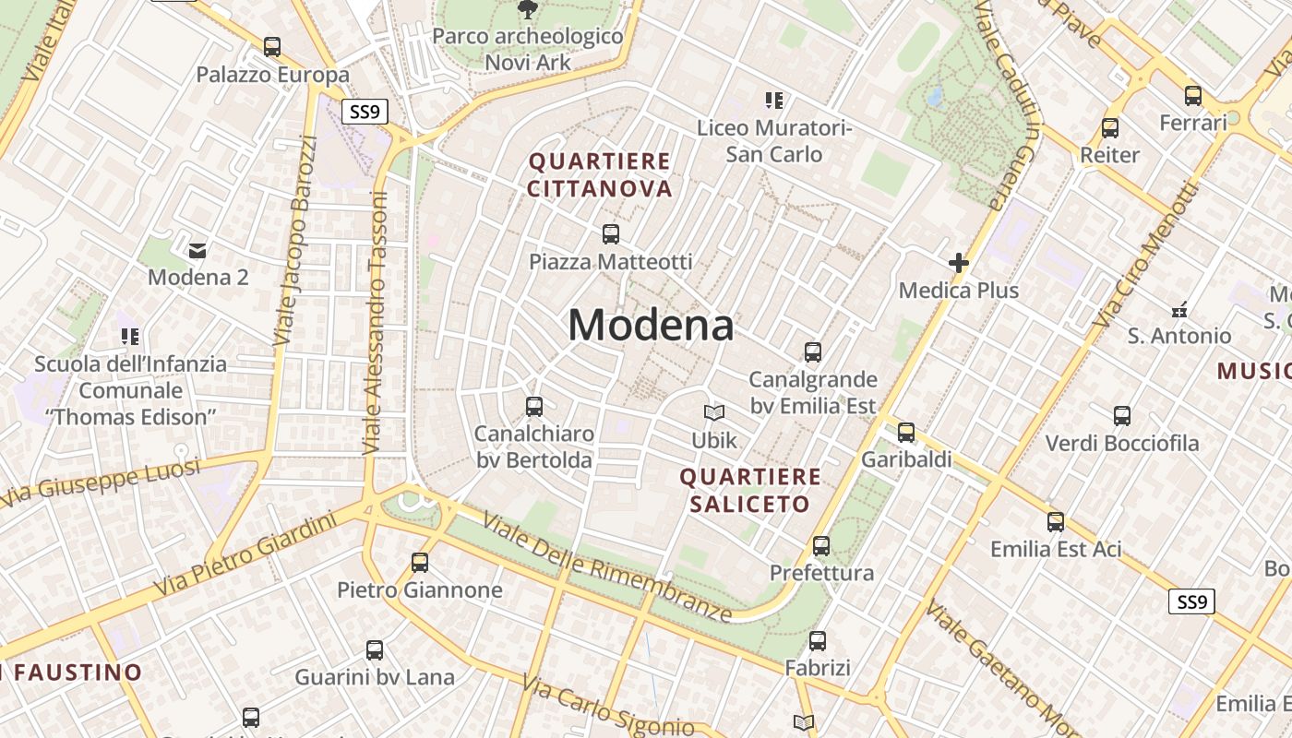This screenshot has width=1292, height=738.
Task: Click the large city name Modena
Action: (651, 325)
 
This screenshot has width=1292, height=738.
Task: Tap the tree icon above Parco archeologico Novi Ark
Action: (527, 10)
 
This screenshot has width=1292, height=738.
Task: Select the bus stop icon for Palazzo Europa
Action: (271, 46)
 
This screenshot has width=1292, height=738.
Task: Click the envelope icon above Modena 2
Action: (197, 250)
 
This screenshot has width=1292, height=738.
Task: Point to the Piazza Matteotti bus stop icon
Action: (610, 234)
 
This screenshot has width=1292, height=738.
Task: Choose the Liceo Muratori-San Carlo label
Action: (773, 140)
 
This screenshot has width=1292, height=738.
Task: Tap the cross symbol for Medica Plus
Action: (959, 263)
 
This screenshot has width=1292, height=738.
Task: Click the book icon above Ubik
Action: (714, 412)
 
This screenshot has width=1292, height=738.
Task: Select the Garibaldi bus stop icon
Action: (906, 432)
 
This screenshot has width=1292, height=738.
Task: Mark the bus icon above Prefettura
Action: (821, 545)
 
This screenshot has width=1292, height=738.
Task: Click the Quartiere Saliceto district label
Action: (749, 490)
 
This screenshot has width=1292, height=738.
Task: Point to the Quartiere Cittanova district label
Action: (599, 174)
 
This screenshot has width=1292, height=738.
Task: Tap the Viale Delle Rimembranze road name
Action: (607, 567)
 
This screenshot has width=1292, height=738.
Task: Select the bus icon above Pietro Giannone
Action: (420, 562)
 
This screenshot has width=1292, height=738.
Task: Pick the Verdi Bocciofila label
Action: (1121, 443)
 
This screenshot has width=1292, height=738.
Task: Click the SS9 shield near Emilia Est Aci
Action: (1191, 602)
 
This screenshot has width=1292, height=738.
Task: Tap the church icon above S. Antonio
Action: (1178, 309)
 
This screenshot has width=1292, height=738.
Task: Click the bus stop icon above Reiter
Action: (1110, 128)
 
